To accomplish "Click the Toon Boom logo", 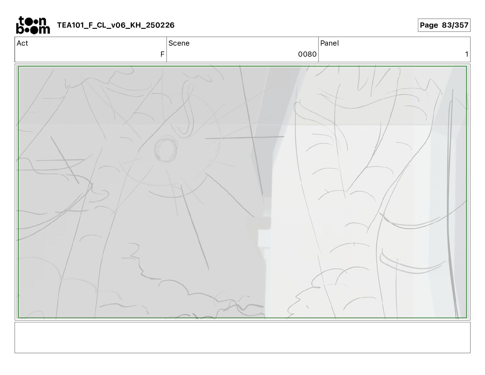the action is click(33, 25).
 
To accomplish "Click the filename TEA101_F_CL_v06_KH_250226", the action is click(116, 25).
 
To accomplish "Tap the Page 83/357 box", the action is click(444, 25).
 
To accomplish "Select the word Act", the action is click(22, 43).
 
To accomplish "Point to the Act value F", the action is click(162, 54).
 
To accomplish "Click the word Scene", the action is click(179, 43).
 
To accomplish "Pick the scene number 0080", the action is click(307, 54).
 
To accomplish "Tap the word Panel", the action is click(329, 43).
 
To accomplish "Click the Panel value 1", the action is click(466, 54).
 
